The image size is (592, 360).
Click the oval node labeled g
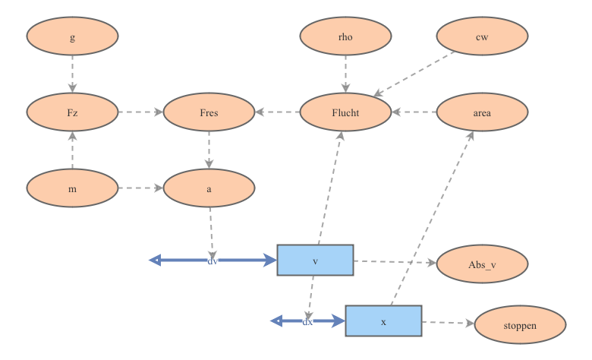(72, 36)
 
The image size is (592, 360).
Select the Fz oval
(72, 112)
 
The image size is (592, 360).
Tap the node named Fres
(209, 112)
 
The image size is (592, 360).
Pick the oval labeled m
(72, 188)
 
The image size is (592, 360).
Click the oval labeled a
(209, 188)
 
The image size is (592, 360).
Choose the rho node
(345, 36)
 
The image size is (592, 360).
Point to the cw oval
(482, 36)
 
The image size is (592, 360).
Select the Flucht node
(345, 112)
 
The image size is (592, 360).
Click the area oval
(482, 112)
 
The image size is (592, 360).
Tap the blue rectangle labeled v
(315, 260)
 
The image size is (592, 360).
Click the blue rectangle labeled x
(383, 321)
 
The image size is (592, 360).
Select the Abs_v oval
(482, 264)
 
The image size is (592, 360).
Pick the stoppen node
(520, 325)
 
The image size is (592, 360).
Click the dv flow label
(213, 261)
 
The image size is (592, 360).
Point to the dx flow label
(307, 321)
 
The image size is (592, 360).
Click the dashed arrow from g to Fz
(72, 74)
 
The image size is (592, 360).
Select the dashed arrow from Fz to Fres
(140, 112)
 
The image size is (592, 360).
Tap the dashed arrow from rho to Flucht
(345, 74)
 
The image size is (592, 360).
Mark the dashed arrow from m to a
(140, 188)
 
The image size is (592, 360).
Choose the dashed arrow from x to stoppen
(448, 323)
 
